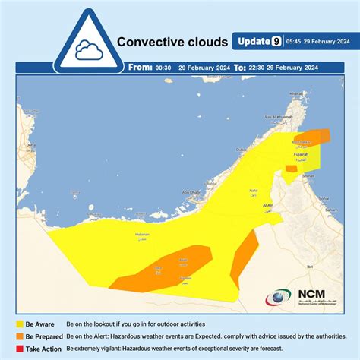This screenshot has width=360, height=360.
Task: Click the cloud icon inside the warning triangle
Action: tap(90, 50)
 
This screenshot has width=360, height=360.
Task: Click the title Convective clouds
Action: tap(172, 43)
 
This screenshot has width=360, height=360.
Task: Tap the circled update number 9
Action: tap(276, 41)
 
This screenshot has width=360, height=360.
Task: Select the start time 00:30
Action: tap(163, 67)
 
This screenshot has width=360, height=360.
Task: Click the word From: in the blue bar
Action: tap(141, 67)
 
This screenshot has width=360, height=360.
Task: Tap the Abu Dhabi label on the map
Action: tap(191, 192)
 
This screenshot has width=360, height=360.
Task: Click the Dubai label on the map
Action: tap(242, 150)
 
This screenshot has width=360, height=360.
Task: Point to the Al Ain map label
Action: tap(267, 204)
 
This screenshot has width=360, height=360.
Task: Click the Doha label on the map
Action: tap(31, 144)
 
